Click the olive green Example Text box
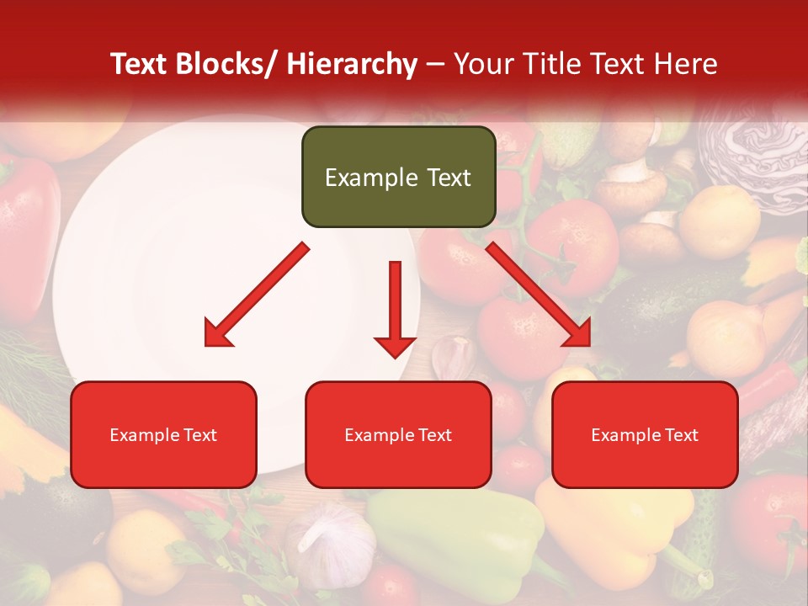tap(398, 177)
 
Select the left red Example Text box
tap(163, 434)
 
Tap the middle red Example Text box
tap(398, 434)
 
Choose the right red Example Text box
tap(645, 434)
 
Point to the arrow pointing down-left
tap(258, 295)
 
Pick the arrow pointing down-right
tap(539, 295)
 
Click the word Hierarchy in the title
tap(352, 64)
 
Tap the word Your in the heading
tap(481, 64)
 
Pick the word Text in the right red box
tap(681, 434)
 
